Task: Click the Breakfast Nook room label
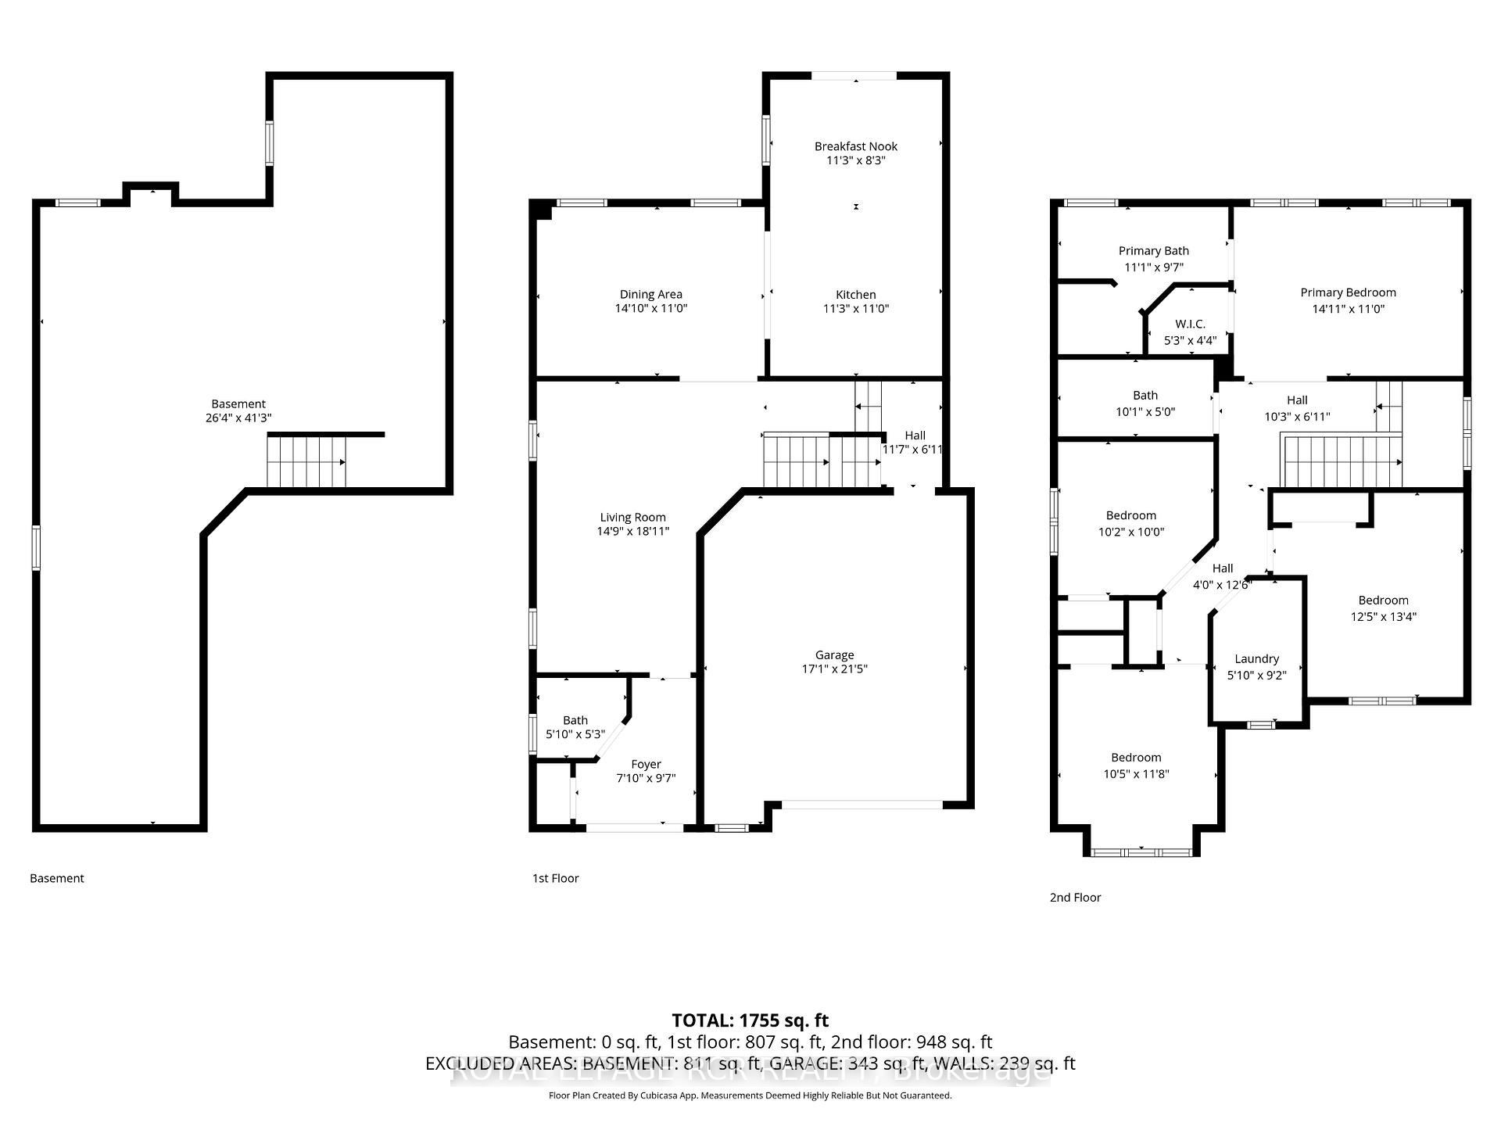(855, 146)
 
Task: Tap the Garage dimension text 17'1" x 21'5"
(834, 669)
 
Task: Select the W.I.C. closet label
(1190, 324)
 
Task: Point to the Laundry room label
(1256, 659)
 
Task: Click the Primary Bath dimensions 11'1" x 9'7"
(1154, 267)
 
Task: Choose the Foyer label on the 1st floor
(646, 764)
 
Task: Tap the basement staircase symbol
(306, 461)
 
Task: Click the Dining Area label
(650, 295)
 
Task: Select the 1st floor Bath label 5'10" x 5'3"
(575, 727)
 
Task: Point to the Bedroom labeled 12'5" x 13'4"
(1383, 608)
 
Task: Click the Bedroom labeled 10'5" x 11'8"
(1136, 766)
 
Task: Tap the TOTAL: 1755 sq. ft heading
(750, 1020)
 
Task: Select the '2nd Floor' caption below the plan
(1075, 898)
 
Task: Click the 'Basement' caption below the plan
(57, 878)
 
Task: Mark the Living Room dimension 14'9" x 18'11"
(632, 532)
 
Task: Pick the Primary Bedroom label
(1348, 292)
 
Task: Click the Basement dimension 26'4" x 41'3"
(238, 418)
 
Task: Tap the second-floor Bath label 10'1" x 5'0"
(1145, 403)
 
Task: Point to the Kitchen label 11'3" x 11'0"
(855, 302)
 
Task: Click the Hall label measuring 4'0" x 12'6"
(1222, 576)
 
